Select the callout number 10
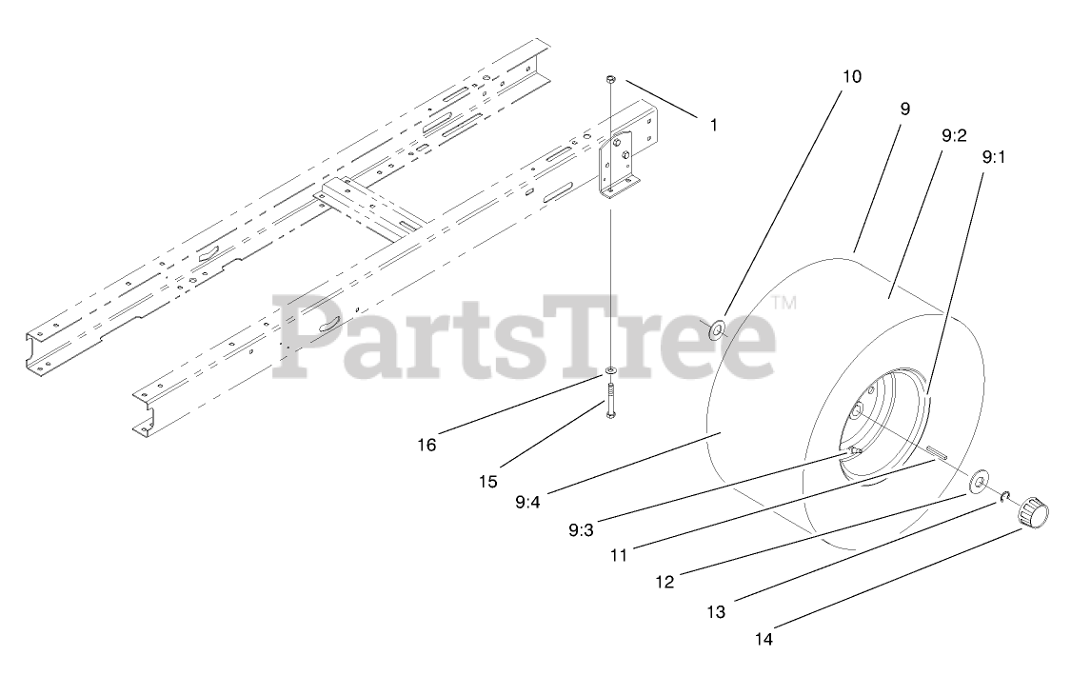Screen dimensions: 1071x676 pos(851,76)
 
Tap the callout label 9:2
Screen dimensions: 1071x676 pos(954,135)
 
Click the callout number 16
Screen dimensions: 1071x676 pos(427,444)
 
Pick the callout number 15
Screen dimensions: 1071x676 pos(487,482)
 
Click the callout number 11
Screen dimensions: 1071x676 pos(619,554)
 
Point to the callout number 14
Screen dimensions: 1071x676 pos(764,640)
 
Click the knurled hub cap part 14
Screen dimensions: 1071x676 pos(1034,515)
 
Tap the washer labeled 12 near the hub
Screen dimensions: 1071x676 pos(978,484)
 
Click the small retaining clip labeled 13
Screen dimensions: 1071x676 pos(1004,497)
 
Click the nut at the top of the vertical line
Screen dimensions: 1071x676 pos(611,77)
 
